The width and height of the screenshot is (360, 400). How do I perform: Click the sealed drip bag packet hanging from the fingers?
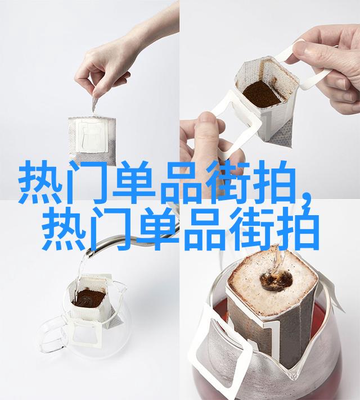92,140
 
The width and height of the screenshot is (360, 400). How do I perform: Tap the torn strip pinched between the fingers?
95,104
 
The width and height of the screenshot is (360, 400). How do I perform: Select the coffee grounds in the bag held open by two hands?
262,93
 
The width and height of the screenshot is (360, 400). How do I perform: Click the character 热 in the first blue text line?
40,182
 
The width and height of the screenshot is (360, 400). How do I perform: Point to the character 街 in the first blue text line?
228,182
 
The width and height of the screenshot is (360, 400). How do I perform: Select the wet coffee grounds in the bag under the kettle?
89,298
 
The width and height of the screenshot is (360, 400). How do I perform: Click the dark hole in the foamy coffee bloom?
276,280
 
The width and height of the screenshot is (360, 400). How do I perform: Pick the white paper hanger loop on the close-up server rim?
220,347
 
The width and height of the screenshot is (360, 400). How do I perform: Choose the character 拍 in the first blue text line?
274,182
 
